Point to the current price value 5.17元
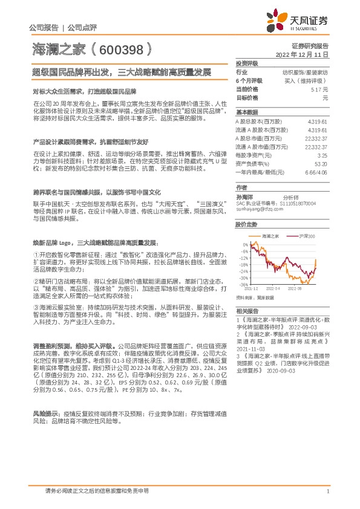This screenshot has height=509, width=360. [319, 89]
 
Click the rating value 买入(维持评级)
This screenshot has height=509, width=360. [310, 80]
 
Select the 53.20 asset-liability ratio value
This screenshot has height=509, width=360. [321, 163]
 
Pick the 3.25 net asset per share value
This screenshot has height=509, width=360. [322, 155]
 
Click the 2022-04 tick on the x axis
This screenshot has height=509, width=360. [273, 289]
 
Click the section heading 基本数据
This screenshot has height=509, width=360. [245, 112]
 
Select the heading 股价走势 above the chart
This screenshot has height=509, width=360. [245, 224]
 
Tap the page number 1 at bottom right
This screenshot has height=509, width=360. [327, 491]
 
